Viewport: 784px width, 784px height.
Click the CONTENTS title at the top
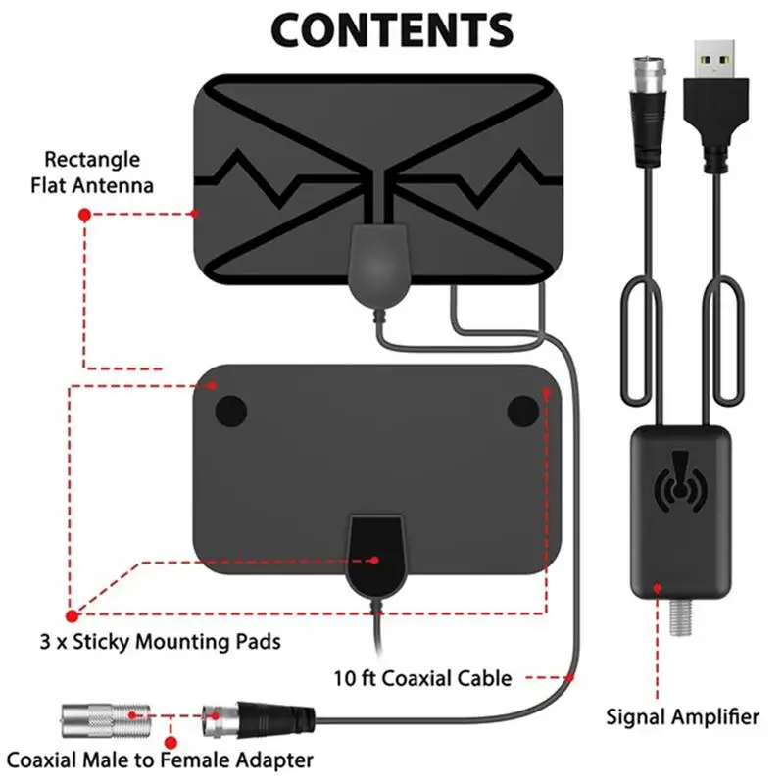392,29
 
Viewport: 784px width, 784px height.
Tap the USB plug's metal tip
714,59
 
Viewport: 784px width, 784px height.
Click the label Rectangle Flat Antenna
92,172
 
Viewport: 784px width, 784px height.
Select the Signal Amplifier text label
682,717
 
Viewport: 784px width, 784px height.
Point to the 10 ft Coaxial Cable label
422,678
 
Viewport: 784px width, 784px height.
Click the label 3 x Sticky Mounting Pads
160,642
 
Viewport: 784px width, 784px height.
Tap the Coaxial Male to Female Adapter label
160,760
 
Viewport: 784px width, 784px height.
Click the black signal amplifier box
680,513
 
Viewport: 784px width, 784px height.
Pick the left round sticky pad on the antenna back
231,412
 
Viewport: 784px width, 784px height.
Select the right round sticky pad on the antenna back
523,412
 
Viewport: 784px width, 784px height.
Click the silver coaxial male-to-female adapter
106,720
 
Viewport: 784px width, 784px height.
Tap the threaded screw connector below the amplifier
680,617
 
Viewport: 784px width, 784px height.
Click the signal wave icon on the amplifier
680,481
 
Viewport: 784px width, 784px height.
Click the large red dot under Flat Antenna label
84,215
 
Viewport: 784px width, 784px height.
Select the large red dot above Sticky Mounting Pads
72,616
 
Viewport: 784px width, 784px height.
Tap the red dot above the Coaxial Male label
171,743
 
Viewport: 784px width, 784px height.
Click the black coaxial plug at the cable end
276,720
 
